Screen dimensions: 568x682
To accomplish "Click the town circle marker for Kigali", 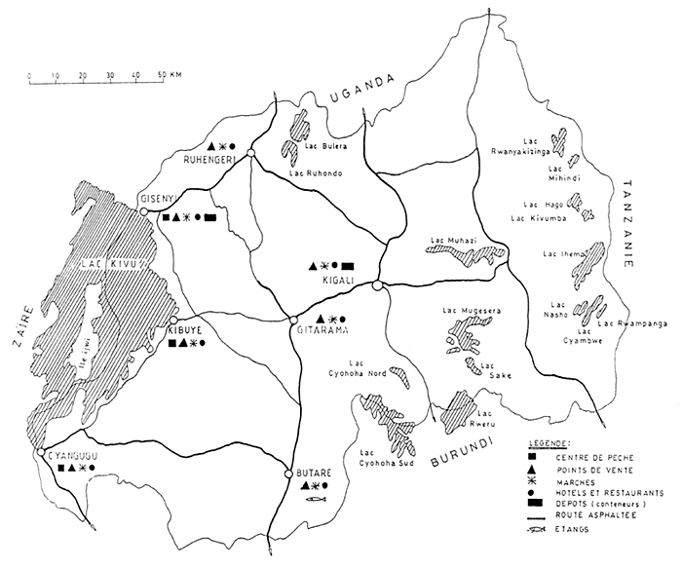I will (x=377, y=284).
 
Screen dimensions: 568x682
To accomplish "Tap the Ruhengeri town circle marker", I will (x=250, y=154).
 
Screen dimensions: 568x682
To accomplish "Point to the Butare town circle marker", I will (x=288, y=473).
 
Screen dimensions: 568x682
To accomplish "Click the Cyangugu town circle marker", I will (x=40, y=454).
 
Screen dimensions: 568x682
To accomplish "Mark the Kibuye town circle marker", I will (x=173, y=320).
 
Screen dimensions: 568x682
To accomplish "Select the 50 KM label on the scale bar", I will (x=170, y=74).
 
